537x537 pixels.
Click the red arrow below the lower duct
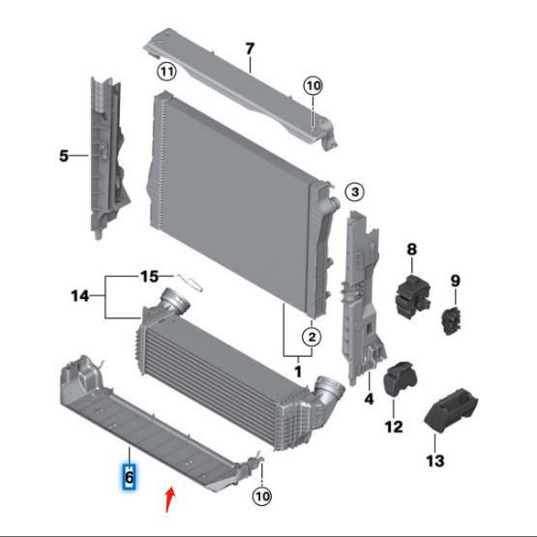(171, 499)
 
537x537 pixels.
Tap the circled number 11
(167, 73)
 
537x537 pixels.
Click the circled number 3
(354, 193)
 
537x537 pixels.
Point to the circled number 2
(311, 337)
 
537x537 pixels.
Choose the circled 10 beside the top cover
(313, 86)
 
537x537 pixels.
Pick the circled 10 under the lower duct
(262, 497)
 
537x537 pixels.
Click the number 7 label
(249, 48)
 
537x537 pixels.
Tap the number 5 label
(65, 155)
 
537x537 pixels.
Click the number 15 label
(149, 277)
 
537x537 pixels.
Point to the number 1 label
(298, 371)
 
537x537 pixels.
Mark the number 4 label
(369, 398)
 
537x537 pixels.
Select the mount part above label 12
(400, 378)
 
